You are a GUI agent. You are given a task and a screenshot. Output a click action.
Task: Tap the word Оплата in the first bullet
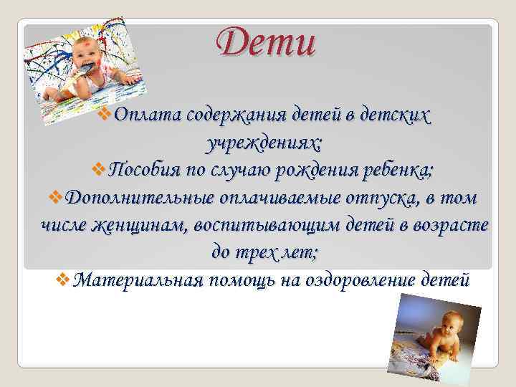coord(147,115)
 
